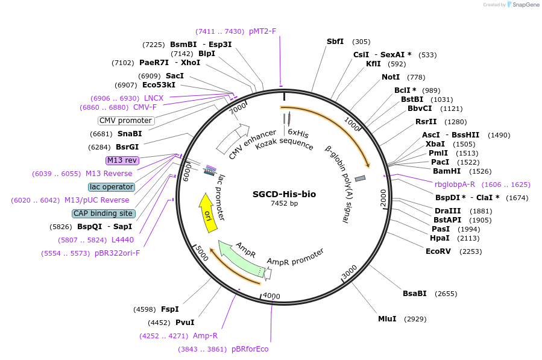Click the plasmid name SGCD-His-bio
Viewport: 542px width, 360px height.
(284, 194)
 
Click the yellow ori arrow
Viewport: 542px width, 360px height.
(207, 213)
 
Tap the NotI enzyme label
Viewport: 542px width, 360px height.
(391, 77)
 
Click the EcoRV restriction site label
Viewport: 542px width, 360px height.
(438, 251)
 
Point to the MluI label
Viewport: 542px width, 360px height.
(387, 318)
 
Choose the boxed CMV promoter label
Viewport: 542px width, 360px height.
(126, 121)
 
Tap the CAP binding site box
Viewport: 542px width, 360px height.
(104, 213)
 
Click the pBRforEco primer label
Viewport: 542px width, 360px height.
(250, 349)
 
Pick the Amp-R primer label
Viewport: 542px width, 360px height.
(205, 336)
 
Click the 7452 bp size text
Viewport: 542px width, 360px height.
(284, 204)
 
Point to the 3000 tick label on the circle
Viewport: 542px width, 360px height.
(350, 273)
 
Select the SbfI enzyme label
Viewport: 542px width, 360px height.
(335, 42)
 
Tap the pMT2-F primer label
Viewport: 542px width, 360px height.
(262, 31)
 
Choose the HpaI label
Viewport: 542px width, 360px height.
(440, 238)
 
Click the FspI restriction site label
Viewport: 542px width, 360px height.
(170, 309)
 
